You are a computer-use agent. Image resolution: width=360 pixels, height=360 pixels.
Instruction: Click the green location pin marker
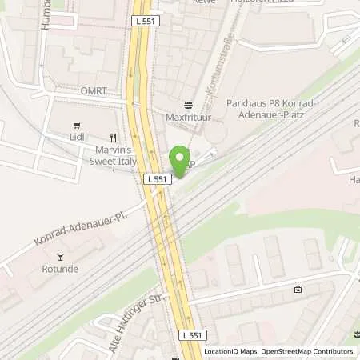180,161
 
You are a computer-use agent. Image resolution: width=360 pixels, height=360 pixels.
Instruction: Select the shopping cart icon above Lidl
78,126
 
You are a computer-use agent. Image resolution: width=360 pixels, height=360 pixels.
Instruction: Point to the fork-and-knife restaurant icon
114,137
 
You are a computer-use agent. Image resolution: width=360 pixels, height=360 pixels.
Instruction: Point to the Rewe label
202,2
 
